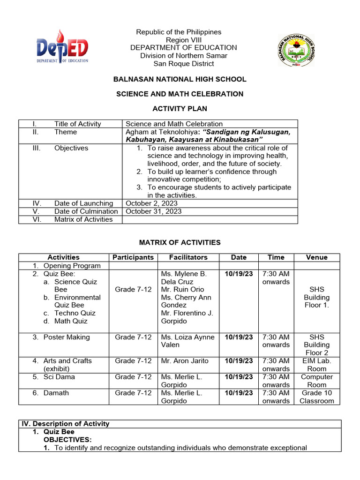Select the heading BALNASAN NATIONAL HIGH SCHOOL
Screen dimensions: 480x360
click(x=180, y=79)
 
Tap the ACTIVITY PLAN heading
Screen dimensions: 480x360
click(x=180, y=109)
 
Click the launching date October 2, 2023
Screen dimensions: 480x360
click(x=151, y=203)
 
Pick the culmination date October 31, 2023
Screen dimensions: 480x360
click(x=153, y=211)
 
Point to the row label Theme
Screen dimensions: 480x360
click(x=65, y=132)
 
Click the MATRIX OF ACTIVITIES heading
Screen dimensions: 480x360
click(x=180, y=242)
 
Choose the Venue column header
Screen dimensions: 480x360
click(x=316, y=257)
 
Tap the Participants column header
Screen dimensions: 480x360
click(x=133, y=257)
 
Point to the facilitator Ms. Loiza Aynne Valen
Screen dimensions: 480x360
click(x=187, y=341)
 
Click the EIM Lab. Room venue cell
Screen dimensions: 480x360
click(x=316, y=365)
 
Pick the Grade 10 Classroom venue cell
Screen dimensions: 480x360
click(x=316, y=397)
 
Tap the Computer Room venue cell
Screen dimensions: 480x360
click(x=316, y=381)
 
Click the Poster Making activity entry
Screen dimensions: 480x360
click(x=66, y=337)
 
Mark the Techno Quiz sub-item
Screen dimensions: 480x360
click(x=75, y=313)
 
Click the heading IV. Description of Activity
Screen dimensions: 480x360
click(x=66, y=424)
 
